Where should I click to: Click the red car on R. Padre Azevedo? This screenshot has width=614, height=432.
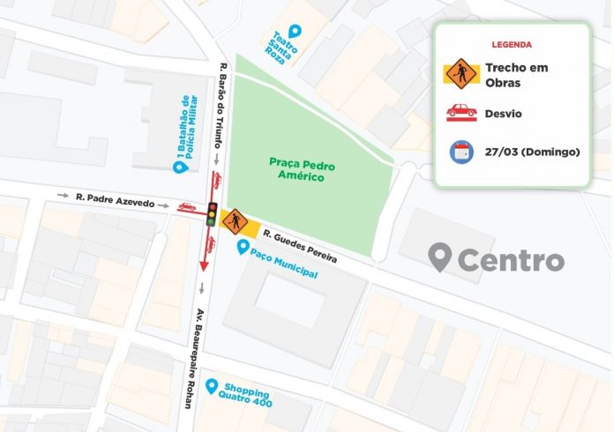click(x=188, y=207)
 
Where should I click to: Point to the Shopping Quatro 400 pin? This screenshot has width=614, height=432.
click(x=212, y=386)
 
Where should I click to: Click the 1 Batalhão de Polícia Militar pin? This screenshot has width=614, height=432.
click(x=177, y=164)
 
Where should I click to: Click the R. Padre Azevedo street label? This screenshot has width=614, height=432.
click(x=115, y=203)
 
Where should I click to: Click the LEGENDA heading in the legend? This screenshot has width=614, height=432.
click(x=512, y=44)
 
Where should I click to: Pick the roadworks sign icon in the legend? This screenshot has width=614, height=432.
click(x=460, y=71)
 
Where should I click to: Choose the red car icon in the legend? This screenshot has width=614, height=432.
click(x=460, y=112)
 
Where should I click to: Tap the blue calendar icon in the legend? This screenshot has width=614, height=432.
click(x=460, y=152)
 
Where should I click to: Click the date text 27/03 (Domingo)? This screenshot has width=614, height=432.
click(x=532, y=152)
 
